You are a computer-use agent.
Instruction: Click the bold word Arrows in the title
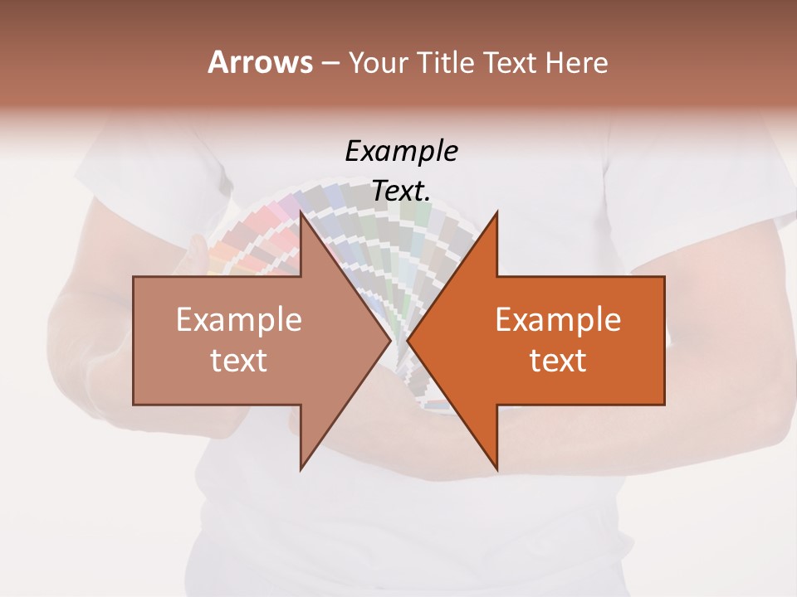point(261,62)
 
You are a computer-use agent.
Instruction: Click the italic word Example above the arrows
point(402,152)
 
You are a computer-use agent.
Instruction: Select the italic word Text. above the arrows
point(402,191)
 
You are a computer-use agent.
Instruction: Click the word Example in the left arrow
point(239,320)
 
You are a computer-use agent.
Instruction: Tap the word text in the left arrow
point(239,361)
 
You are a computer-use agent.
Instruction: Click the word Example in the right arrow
point(558,320)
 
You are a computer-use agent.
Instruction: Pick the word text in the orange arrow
point(558,361)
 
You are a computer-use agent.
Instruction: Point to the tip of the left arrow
point(389,341)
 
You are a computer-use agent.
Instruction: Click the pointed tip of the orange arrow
point(409,341)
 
